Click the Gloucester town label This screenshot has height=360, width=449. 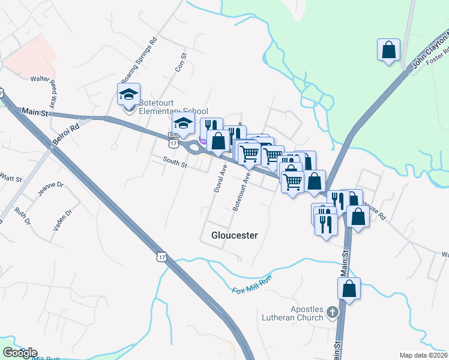pos(235,235)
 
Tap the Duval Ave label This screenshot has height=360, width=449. pos(219,179)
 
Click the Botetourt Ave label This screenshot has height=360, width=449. pos(241,192)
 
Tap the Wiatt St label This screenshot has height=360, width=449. pos(10,179)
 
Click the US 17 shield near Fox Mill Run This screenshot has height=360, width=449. pos(161,256)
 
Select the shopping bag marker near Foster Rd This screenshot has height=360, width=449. pos(388,50)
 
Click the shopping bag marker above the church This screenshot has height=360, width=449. pos(349,289)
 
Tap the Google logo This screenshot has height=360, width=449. pos(20,353)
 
